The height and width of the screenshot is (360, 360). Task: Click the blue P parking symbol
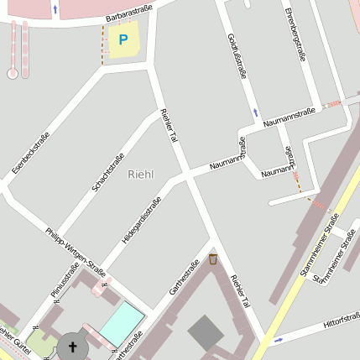(124, 39)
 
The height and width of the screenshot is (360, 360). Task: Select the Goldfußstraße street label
(237, 57)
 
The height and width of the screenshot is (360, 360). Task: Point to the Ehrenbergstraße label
(297, 34)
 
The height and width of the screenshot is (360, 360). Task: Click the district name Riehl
(142, 174)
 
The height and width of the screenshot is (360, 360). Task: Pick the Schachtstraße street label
(108, 172)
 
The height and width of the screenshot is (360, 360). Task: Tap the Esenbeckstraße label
(31, 153)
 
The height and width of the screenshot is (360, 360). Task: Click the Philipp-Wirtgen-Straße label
(76, 251)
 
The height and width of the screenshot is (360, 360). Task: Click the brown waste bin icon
(213, 258)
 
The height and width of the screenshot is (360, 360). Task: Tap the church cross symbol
(72, 347)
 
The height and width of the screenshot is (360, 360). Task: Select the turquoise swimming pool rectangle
(122, 323)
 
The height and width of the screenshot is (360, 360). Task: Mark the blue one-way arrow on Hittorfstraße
(279, 339)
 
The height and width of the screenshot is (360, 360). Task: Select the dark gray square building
(206, 333)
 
